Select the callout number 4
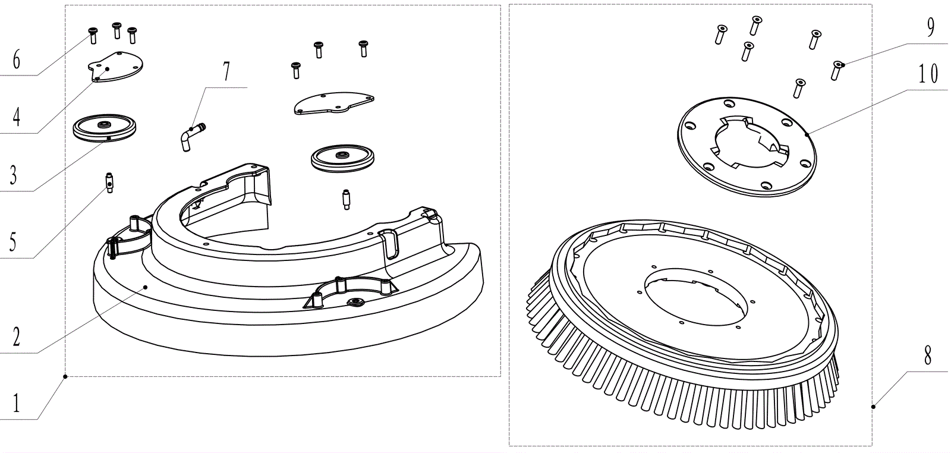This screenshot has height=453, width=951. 16,117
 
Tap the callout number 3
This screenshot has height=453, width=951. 13,175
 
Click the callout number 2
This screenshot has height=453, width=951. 16,337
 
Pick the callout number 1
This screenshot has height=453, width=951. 16,405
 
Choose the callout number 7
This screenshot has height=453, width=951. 226,72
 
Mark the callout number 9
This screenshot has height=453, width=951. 930,27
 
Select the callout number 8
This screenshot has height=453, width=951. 927,356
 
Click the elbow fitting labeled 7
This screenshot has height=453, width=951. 189,137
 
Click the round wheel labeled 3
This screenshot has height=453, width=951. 104,128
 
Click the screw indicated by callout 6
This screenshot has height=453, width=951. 93,35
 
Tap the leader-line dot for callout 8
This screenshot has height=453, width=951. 873,407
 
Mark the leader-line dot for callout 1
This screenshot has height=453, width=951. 65,376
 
